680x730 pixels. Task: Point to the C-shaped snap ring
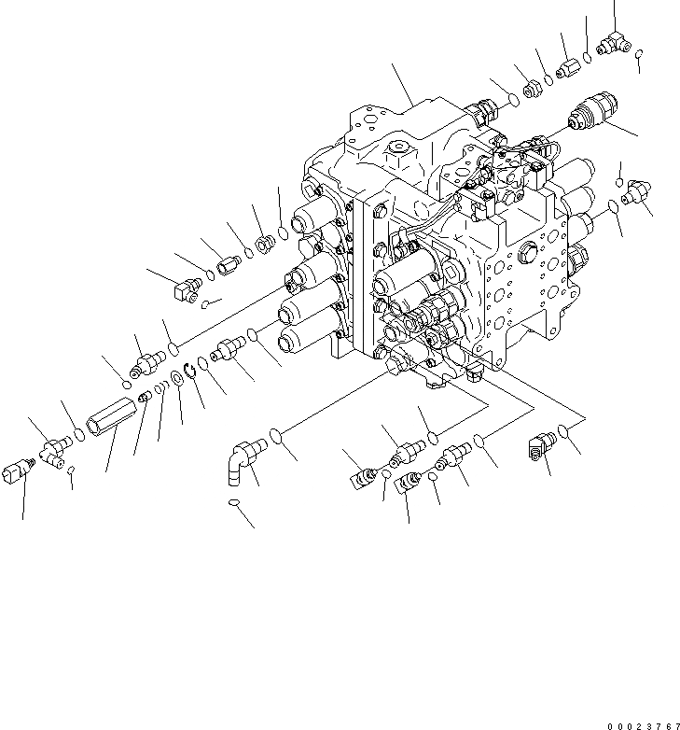(x=188, y=371)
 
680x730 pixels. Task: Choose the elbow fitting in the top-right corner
(x=614, y=42)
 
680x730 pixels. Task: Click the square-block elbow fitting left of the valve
(x=186, y=288)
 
